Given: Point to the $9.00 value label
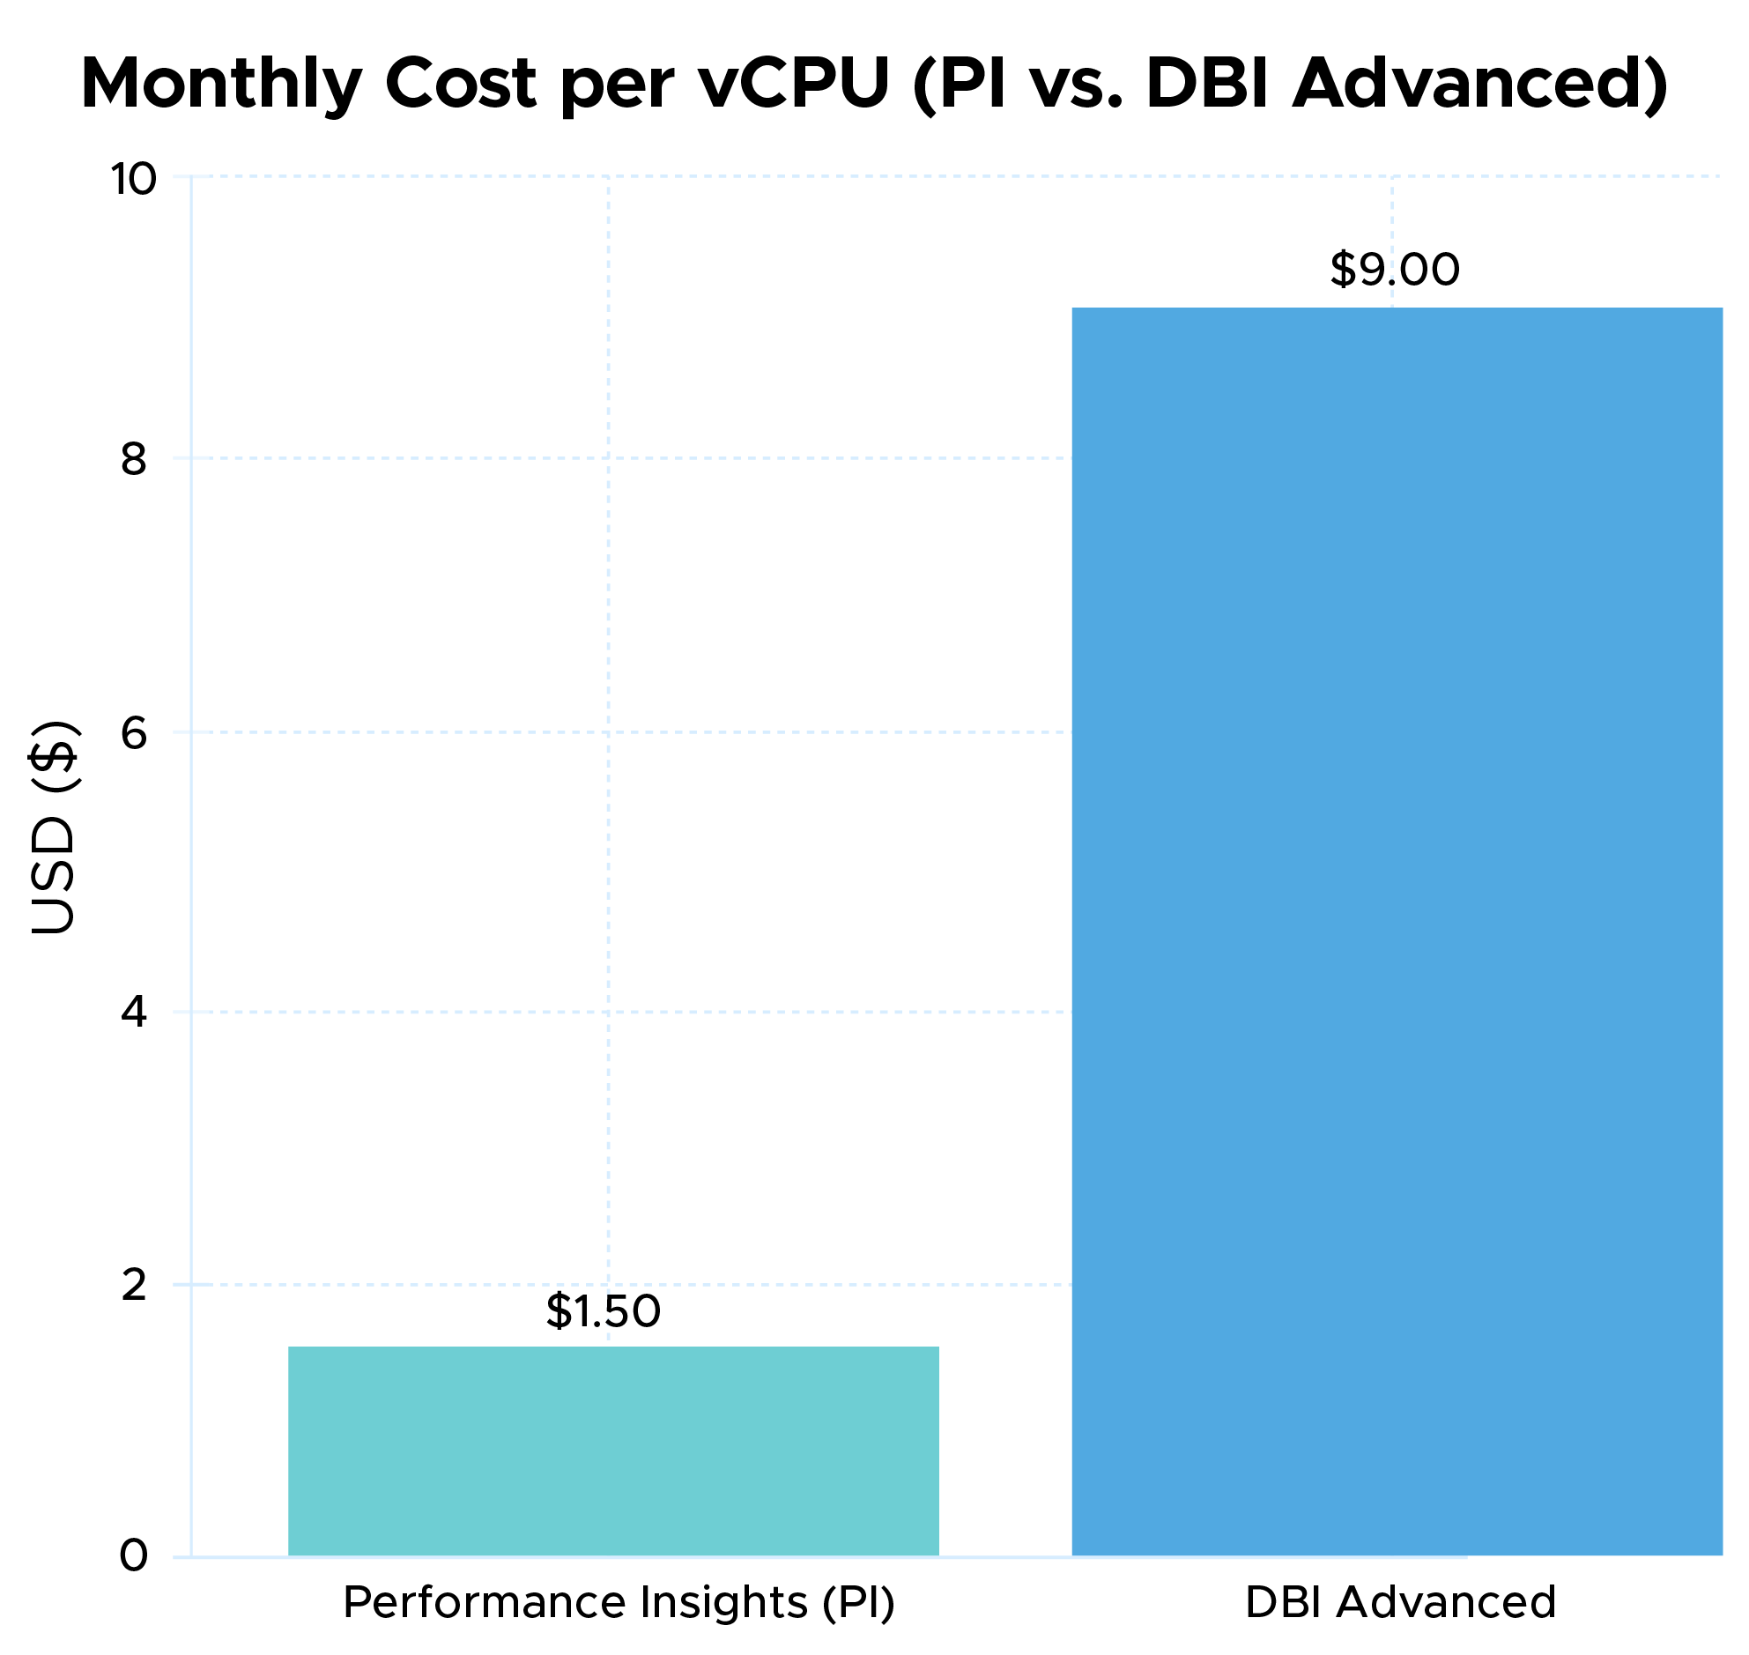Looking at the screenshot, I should click(1395, 269).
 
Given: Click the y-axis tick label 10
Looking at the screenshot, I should click(133, 179).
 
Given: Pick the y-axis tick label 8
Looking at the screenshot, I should click(133, 460).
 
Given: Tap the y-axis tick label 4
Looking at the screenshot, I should click(133, 1012).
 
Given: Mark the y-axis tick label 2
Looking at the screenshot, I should click(133, 1286).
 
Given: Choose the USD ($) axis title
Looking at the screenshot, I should click(55, 827).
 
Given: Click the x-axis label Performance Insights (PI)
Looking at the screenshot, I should click(619, 1602).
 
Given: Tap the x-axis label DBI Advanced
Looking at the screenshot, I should click(1400, 1602).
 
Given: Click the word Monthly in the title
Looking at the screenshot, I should click(220, 85).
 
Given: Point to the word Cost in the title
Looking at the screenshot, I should click(462, 85).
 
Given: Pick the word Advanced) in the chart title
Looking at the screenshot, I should click(1480, 85).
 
